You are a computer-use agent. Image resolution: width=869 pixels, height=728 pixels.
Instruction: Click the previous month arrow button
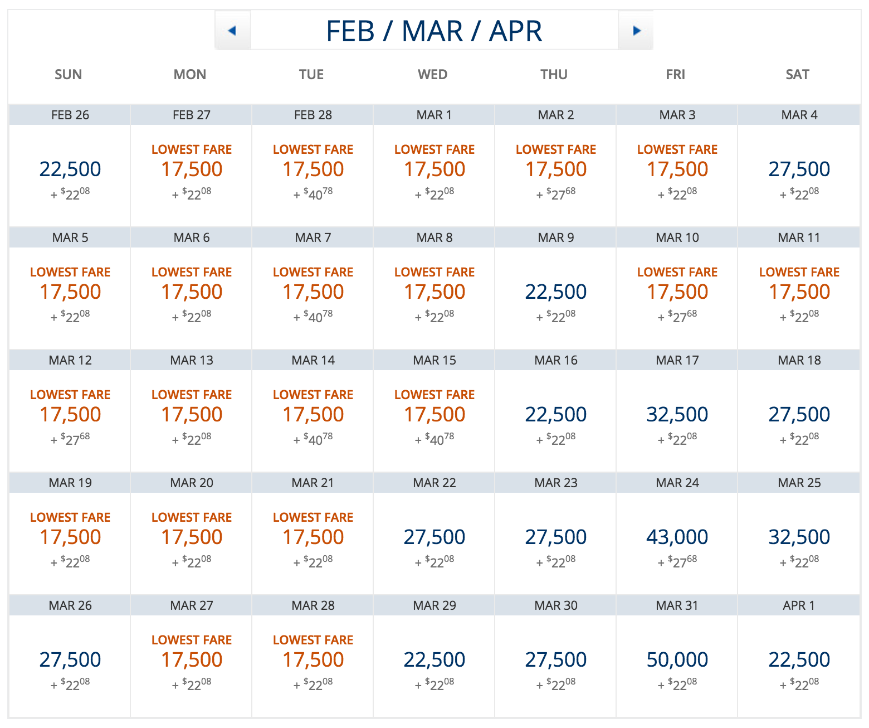click(233, 31)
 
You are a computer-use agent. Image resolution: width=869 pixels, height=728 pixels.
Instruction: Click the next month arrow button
click(636, 31)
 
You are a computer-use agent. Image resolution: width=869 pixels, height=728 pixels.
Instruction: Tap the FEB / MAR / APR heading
click(434, 31)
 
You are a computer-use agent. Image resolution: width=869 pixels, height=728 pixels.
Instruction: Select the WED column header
click(433, 75)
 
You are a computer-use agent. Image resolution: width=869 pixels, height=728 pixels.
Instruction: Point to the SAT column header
click(797, 75)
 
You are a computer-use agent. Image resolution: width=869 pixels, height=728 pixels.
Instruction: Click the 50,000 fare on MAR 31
click(677, 659)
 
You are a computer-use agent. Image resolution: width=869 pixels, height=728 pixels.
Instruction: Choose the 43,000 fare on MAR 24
click(677, 537)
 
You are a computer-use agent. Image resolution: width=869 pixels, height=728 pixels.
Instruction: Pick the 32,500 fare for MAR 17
click(677, 414)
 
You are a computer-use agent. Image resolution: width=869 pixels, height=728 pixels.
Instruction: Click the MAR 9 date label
click(555, 237)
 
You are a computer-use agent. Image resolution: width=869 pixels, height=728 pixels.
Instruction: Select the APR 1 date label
click(798, 605)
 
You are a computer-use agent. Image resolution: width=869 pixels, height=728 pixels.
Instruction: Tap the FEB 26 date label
click(70, 115)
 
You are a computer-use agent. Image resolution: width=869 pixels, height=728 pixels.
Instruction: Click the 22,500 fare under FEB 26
click(70, 169)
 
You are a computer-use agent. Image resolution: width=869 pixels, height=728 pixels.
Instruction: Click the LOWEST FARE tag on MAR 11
click(799, 272)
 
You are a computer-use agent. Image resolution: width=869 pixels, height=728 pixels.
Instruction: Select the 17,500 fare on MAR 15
click(434, 414)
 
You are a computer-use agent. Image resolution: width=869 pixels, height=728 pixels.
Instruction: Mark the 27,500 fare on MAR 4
click(799, 169)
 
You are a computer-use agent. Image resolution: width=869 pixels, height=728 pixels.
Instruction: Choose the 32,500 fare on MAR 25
click(799, 537)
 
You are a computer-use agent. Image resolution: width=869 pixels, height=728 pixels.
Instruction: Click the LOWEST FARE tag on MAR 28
click(313, 640)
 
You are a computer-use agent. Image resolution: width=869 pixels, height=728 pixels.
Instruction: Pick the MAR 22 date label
click(434, 483)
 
